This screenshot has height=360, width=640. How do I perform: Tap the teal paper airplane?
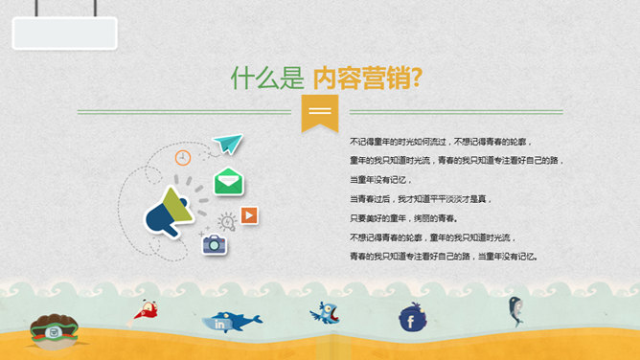pyautogui.click(x=228, y=144)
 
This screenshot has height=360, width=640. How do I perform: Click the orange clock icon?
pyautogui.click(x=183, y=157)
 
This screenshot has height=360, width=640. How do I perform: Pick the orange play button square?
pyautogui.click(x=249, y=214)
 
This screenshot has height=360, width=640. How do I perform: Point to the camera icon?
pyautogui.click(x=214, y=243)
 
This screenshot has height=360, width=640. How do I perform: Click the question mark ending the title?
pyautogui.click(x=417, y=78)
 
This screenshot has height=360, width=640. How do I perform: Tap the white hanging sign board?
pyautogui.click(x=64, y=33)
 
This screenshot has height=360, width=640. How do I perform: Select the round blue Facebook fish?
pyautogui.click(x=413, y=317)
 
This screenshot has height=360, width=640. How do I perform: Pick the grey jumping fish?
pyautogui.click(x=514, y=309)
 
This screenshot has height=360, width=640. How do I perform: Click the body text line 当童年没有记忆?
pyautogui.click(x=380, y=179)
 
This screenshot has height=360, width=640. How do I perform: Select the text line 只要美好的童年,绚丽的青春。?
pyautogui.click(x=402, y=217)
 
